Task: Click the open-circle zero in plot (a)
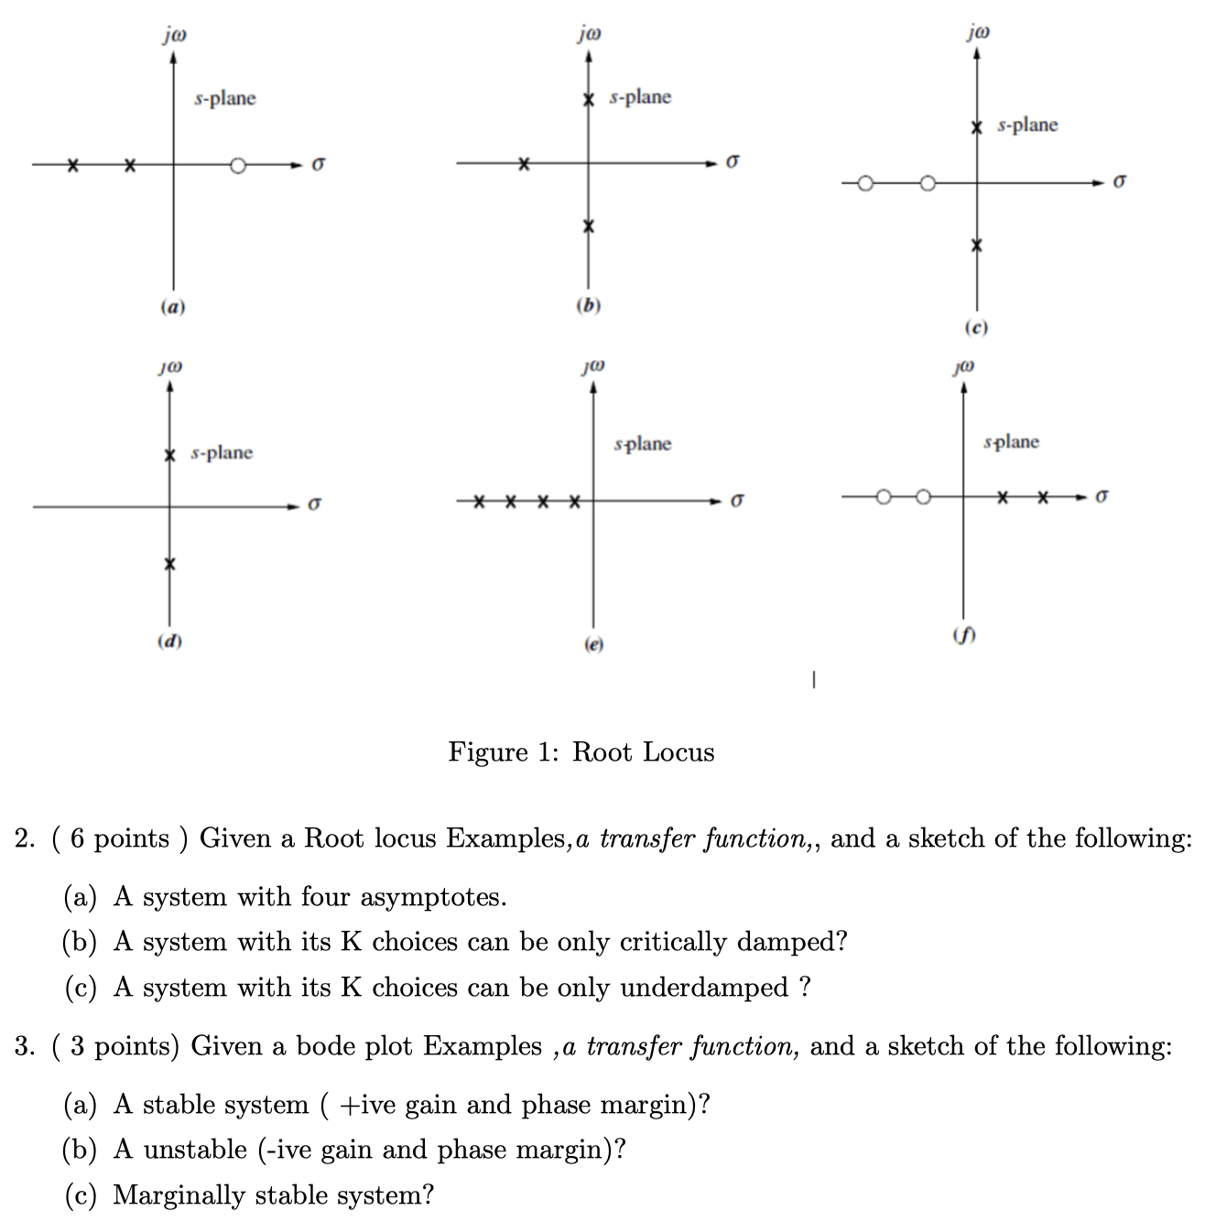click(238, 166)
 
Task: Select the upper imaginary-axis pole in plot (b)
click(590, 98)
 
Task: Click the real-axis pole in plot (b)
click(523, 164)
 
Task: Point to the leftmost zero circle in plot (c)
click(867, 183)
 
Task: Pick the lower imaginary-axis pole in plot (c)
click(978, 245)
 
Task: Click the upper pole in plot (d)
click(169, 455)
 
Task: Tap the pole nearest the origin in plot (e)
click(573, 501)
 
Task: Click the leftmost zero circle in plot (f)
click(883, 497)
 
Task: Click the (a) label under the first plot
click(172, 308)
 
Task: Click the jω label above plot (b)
click(590, 35)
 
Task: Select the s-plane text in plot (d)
click(222, 453)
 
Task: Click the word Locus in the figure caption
click(679, 752)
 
